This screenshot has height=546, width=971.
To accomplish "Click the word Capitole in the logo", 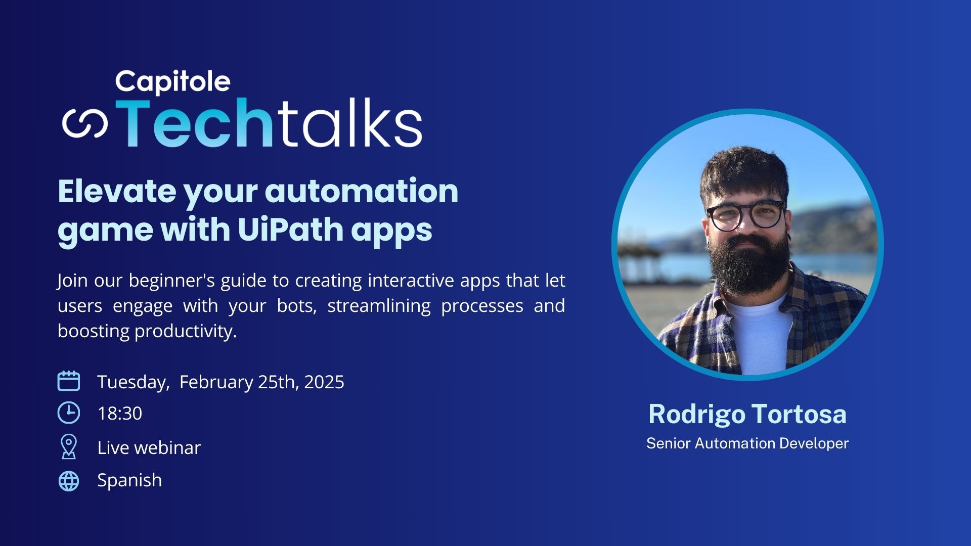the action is click(x=172, y=82).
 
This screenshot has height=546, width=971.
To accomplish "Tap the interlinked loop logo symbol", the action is click(x=85, y=123).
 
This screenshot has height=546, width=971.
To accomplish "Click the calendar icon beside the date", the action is click(x=69, y=381).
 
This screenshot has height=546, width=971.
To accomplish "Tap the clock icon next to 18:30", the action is click(x=69, y=413).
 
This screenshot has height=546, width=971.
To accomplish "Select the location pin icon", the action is click(x=69, y=447).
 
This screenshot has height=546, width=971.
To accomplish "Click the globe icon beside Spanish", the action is click(x=69, y=481).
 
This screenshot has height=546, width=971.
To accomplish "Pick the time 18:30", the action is click(x=119, y=414).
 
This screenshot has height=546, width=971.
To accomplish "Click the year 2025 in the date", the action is click(x=324, y=382).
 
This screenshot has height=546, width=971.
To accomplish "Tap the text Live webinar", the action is click(x=149, y=448).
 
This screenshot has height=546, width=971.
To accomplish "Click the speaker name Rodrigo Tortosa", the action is click(x=747, y=414).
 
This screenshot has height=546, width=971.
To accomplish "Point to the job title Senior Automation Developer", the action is click(x=747, y=443).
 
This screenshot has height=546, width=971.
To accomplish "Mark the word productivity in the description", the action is click(x=186, y=331).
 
